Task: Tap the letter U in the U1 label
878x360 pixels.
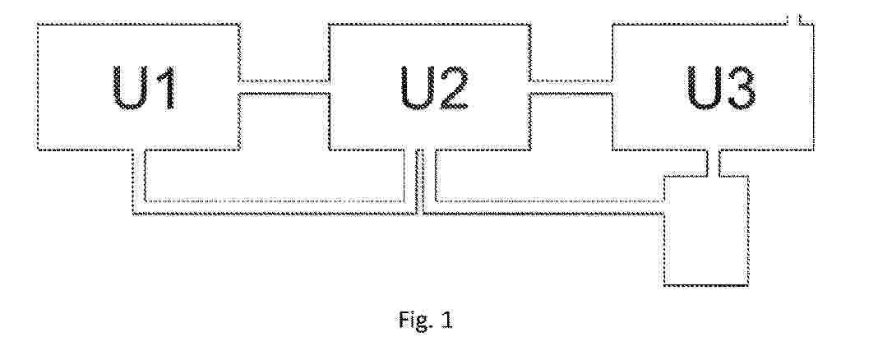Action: (x=129, y=88)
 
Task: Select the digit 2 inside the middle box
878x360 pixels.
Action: (x=452, y=87)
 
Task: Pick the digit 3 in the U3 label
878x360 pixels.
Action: (x=740, y=88)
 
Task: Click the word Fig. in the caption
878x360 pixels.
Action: (x=411, y=321)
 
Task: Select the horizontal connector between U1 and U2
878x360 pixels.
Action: (x=284, y=87)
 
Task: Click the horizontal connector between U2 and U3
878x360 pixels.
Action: (x=571, y=87)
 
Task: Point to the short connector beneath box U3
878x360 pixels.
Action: (x=712, y=163)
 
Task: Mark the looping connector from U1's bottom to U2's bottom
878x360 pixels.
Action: (x=275, y=208)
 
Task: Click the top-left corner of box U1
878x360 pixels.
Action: (x=36, y=25)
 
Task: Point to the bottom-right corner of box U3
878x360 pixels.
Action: (x=812, y=150)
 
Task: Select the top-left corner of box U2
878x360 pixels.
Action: (x=329, y=25)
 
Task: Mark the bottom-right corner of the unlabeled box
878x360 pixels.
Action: (x=748, y=285)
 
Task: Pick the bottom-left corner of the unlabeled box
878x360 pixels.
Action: (x=664, y=285)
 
